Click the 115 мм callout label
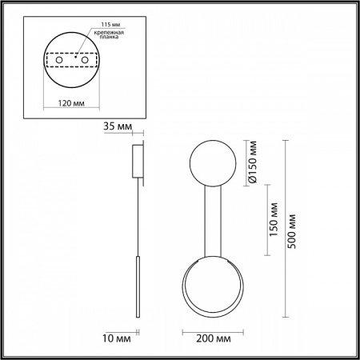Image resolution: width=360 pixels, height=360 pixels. (110, 25)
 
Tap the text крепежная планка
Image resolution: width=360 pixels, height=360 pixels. (109, 34)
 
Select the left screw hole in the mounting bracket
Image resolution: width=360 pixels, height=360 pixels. (59, 60)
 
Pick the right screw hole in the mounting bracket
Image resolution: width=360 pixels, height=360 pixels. (85, 60)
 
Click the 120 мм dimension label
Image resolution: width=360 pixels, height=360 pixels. (71, 103)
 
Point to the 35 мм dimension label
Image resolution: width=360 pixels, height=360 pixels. (118, 126)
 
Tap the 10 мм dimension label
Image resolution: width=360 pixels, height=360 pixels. (117, 338)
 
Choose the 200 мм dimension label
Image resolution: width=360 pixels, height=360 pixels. (214, 338)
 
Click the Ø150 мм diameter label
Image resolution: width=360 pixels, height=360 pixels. (252, 162)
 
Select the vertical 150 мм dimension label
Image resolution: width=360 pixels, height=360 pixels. (274, 219)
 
